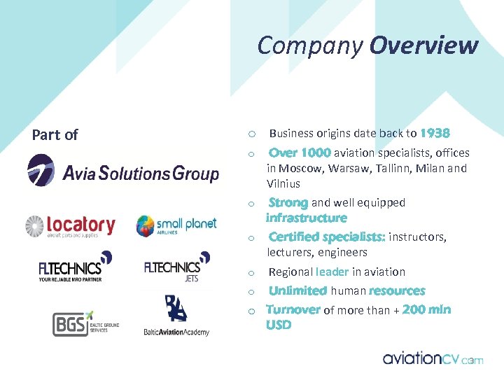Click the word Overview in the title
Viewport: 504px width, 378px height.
[423, 45]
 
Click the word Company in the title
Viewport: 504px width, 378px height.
[310, 46]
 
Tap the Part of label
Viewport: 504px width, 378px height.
[55, 134]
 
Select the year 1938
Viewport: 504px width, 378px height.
[435, 133]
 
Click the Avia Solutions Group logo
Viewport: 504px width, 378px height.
[123, 171]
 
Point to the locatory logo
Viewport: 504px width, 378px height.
[70, 226]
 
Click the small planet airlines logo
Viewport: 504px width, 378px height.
[176, 226]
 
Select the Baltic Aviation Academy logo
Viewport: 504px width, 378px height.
[176, 316]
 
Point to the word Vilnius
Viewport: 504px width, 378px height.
[283, 183]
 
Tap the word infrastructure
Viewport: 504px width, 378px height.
[306, 218]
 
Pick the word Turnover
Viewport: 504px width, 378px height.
[293, 309]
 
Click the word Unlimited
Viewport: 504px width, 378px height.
[297, 290]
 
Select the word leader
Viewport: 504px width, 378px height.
[332, 272]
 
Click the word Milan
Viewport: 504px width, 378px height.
[430, 168]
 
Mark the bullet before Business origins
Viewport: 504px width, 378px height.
[251, 134]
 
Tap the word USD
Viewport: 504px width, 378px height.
[279, 325]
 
